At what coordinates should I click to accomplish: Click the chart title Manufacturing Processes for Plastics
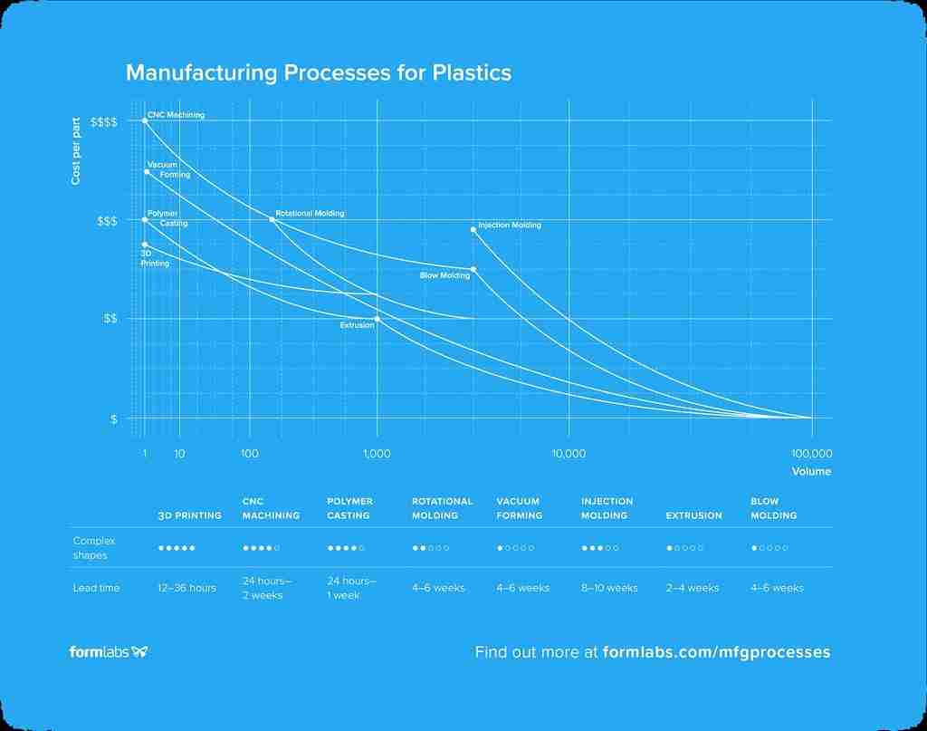318,72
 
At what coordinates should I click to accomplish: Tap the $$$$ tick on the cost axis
103,121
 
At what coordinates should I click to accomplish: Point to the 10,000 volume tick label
569,453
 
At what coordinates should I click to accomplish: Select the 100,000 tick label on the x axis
811,453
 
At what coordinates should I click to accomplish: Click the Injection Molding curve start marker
473,229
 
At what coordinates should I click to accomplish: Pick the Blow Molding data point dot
473,269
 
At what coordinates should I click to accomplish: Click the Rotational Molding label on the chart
310,214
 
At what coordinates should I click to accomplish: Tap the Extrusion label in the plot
357,324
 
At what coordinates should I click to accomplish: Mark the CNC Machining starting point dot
145,120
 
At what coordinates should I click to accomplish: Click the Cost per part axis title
76,151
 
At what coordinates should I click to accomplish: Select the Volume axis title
811,471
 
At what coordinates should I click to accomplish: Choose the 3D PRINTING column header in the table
189,515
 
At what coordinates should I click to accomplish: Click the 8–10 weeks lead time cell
609,588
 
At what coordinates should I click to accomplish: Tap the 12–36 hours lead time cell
186,588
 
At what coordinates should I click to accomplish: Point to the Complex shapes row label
94,547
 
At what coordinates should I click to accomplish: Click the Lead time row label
96,588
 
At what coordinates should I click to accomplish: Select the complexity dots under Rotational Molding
431,548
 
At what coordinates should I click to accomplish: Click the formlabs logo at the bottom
109,651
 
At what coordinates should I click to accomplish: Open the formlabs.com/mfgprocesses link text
716,651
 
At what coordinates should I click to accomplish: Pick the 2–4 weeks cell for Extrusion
692,588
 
